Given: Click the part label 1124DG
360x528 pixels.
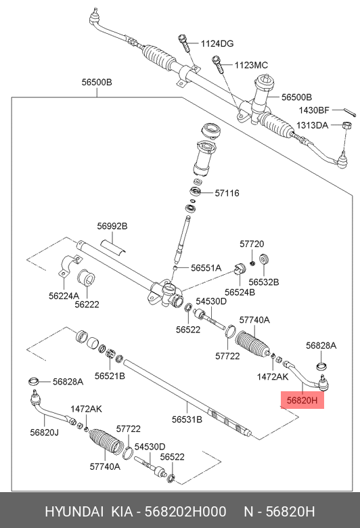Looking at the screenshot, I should point(217,43).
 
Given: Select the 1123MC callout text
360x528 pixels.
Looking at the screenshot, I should point(251,65).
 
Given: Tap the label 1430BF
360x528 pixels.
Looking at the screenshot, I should point(314,110).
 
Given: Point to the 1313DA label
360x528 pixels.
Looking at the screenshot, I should point(312,125).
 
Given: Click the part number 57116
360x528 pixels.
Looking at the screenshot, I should point(227,193).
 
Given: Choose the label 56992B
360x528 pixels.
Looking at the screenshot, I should point(112,225).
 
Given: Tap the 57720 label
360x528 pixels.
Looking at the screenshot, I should point(252,244).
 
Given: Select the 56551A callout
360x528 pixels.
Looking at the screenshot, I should point(206,268).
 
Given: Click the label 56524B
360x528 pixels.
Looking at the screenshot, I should point(240,292).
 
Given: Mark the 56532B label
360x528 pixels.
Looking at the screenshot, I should point(263,282).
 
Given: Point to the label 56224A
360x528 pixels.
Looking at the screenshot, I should point(64,296).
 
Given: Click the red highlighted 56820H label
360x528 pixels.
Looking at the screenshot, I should point(302,400).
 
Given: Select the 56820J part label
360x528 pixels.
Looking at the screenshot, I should point(44,432).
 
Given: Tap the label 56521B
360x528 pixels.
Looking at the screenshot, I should point(110,375).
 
